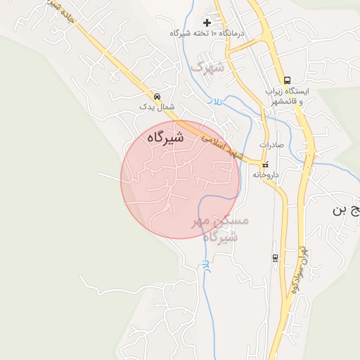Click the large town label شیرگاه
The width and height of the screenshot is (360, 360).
[x=166, y=139]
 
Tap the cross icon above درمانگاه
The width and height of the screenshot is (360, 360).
[x=207, y=22]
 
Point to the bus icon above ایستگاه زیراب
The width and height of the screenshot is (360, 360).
[x=287, y=80]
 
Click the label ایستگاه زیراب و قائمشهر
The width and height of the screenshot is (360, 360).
[x=283, y=97]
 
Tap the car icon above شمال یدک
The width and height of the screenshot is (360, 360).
[x=156, y=96]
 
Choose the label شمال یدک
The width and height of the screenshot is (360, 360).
[x=155, y=107]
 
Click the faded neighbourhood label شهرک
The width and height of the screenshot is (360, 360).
[x=207, y=67]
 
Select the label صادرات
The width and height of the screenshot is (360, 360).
[x=271, y=145]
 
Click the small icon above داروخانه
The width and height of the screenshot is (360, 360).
[x=264, y=165]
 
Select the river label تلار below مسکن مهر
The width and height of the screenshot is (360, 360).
[x=205, y=266]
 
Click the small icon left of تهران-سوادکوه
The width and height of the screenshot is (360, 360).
[x=274, y=257]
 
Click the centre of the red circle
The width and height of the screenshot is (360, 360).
[x=181, y=179]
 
